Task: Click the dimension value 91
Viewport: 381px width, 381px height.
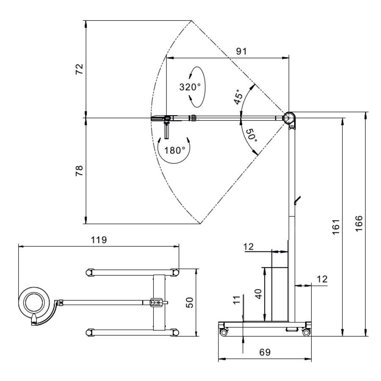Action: (x=242, y=51)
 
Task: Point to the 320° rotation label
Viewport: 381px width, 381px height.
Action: (x=189, y=87)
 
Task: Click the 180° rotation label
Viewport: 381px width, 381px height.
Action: (x=175, y=150)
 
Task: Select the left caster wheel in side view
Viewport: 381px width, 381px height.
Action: (x=223, y=333)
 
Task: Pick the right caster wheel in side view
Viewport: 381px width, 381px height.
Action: (x=306, y=333)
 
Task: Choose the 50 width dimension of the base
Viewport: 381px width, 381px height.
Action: (x=190, y=302)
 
